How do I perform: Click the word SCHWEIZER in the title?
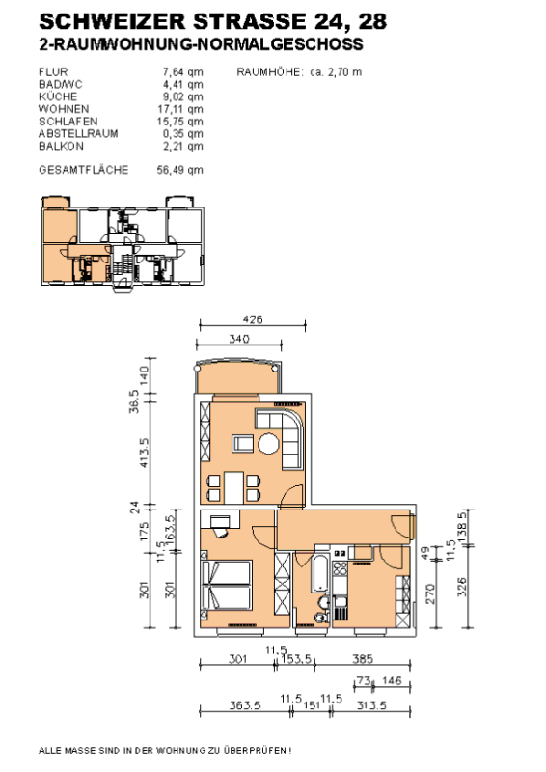(112, 21)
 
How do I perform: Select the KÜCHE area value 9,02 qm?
(182, 96)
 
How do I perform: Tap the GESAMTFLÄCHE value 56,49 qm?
(179, 170)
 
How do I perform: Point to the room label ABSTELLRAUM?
(78, 133)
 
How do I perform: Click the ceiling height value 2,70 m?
(344, 71)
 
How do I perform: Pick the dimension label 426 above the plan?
(253, 319)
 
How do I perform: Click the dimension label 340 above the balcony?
(239, 339)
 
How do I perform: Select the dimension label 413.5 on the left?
(144, 453)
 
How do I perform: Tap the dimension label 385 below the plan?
(363, 659)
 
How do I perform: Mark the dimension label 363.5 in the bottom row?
(245, 705)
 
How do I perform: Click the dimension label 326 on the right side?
(462, 587)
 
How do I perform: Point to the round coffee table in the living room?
(268, 443)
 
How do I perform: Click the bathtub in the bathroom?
(320, 573)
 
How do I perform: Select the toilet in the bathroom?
(320, 618)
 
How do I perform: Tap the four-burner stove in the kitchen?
(341, 568)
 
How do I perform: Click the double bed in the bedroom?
(227, 586)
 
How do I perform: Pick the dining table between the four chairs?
(233, 487)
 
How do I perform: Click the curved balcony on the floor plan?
(238, 376)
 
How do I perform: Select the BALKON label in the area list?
(61, 146)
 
